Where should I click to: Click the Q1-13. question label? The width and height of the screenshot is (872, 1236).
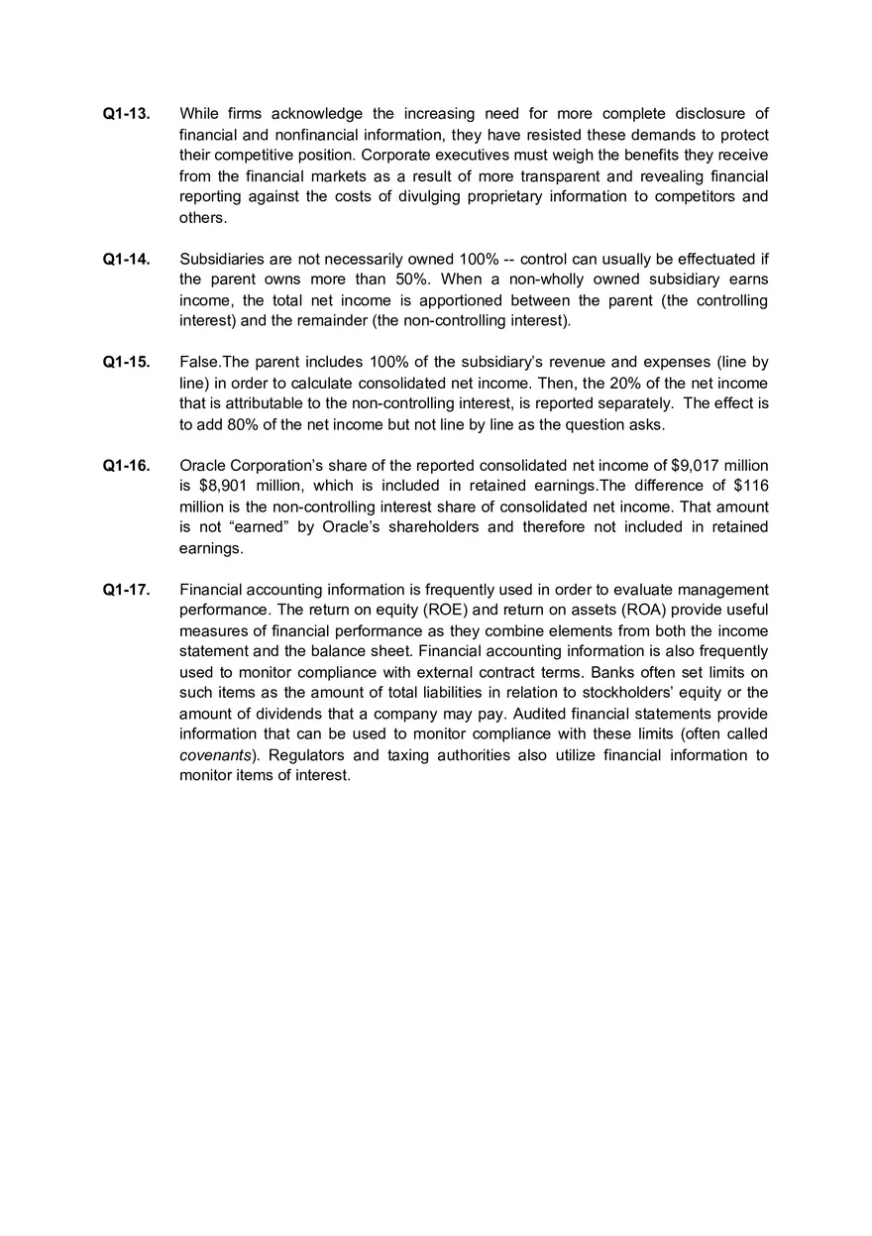pyautogui.click(x=127, y=114)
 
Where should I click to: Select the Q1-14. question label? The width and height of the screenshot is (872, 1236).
pyautogui.click(x=127, y=260)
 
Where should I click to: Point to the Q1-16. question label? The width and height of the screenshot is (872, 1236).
pyautogui.click(x=127, y=466)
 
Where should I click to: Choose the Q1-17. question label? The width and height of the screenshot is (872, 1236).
pyautogui.click(x=127, y=590)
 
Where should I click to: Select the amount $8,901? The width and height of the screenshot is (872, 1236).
pyautogui.click(x=225, y=486)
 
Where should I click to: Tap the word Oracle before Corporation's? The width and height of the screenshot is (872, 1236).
pyautogui.click(x=203, y=466)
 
